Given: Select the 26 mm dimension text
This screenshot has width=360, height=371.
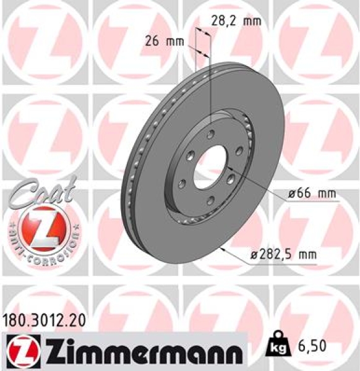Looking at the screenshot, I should pos(165,42).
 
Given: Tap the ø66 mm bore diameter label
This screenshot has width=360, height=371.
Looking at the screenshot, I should pos(312,194).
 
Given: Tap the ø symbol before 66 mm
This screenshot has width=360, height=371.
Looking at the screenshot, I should pos(291,194).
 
